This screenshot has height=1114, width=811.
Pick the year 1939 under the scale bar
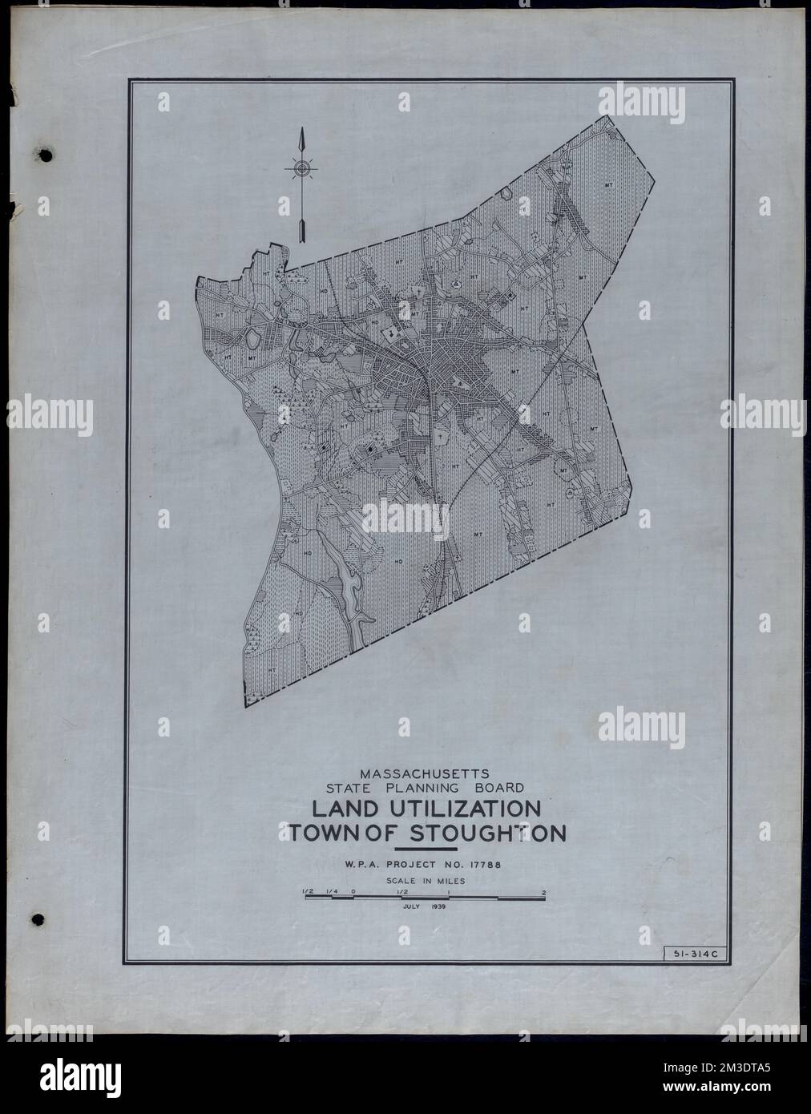[x=437, y=908]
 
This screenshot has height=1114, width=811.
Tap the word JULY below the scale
[x=412, y=908]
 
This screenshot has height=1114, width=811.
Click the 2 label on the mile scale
[x=544, y=892]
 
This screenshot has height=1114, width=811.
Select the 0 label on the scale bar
[x=353, y=892]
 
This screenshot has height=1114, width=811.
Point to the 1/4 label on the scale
[x=331, y=892]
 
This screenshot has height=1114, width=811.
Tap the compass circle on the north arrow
[x=301, y=168]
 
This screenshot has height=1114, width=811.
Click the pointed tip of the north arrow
[x=301, y=131]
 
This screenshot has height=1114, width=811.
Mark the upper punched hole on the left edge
[x=46, y=154]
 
